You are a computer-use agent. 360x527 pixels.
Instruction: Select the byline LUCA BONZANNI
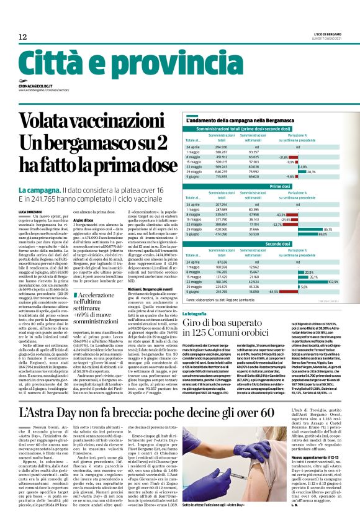[32, 212]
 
